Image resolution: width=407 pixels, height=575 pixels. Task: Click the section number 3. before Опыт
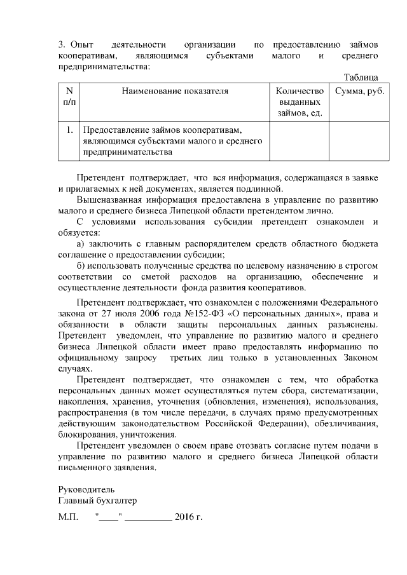[62, 45]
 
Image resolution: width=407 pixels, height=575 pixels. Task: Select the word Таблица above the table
[361, 77]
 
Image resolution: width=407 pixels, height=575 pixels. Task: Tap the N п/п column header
[69, 97]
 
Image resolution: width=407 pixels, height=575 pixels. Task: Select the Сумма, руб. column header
[359, 91]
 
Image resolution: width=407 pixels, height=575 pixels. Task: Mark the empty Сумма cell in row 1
[359, 141]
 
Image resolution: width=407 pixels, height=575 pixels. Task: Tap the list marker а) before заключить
[80, 244]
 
